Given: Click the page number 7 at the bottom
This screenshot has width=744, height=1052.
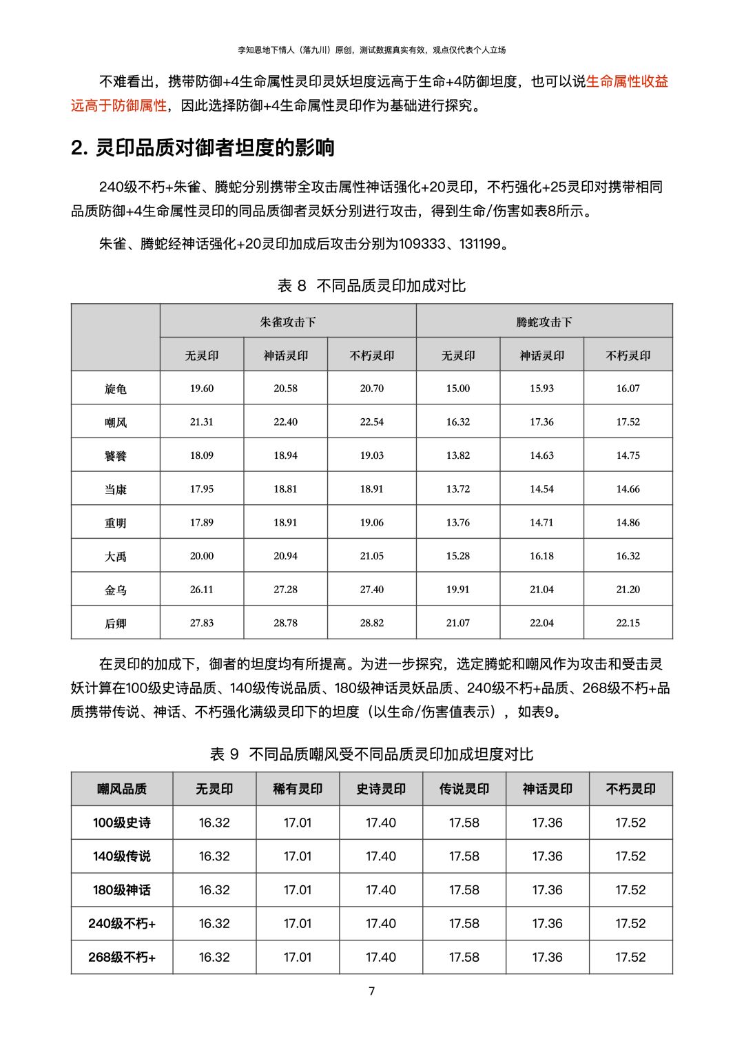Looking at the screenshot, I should [x=372, y=991].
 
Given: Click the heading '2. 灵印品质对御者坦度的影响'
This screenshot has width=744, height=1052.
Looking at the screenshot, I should [x=203, y=147].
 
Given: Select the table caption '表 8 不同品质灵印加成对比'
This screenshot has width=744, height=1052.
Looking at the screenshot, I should [x=371, y=285].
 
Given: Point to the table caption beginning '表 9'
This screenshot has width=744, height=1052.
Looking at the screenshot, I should [x=371, y=754].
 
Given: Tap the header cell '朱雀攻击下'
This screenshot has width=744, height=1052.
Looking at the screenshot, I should [x=288, y=322].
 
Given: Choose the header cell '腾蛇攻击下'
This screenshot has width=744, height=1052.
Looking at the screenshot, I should [x=544, y=322].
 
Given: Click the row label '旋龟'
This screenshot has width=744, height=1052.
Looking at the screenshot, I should [x=116, y=389].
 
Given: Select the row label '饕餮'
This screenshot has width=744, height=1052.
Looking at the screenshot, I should [x=116, y=455].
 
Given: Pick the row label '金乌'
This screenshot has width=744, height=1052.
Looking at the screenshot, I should [x=116, y=590].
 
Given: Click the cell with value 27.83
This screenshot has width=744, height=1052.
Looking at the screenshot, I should [x=202, y=623].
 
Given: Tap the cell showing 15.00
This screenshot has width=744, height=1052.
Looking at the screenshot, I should [x=458, y=389].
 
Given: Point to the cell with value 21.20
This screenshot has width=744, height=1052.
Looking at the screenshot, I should [x=628, y=590].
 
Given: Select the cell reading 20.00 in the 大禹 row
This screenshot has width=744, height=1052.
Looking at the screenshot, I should [x=202, y=556].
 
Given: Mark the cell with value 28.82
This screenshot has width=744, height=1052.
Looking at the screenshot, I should [x=372, y=623].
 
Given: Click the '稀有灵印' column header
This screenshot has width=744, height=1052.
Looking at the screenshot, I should [x=298, y=789].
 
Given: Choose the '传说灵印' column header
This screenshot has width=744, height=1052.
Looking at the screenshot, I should [x=464, y=789].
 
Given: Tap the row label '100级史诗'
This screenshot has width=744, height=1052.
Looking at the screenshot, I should [x=122, y=823].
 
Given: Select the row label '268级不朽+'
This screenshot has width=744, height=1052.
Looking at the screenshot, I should [x=122, y=957].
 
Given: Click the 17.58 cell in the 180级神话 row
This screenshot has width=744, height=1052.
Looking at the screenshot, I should [x=464, y=890].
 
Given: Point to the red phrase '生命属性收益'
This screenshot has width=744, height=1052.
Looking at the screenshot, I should [x=627, y=81].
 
